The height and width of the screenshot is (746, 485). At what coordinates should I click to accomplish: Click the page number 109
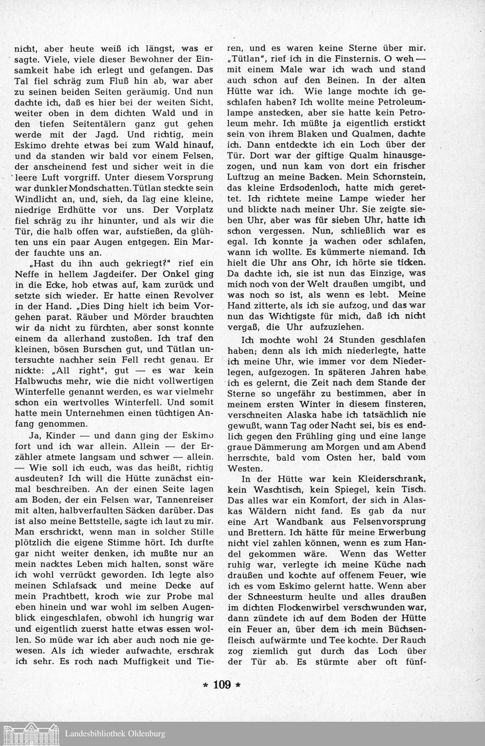tap(221, 685)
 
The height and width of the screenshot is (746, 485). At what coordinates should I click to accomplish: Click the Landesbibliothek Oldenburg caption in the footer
tap(114, 734)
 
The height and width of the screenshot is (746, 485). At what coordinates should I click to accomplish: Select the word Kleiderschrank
tap(393, 479)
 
